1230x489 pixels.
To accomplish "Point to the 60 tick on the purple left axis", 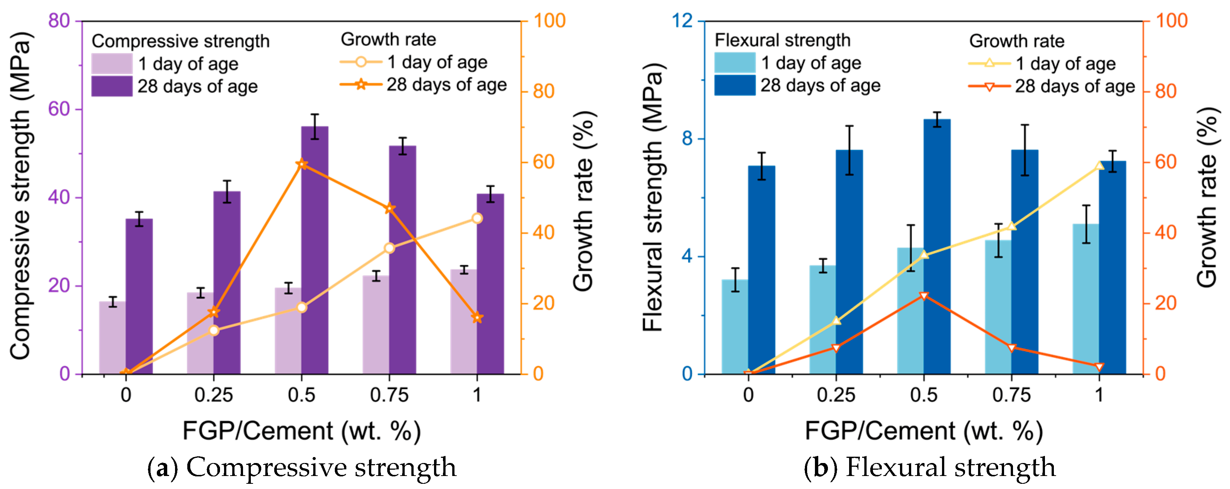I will [x=59, y=109].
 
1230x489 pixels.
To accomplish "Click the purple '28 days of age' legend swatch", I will [x=112, y=87].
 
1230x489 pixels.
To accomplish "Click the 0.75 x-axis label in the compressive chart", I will [x=389, y=395].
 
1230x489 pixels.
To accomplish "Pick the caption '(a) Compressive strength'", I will [x=302, y=467].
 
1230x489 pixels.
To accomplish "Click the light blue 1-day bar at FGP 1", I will [x=1086, y=300].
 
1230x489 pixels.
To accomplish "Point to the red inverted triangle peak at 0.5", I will [x=924, y=296].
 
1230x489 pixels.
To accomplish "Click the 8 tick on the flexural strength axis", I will [x=687, y=139].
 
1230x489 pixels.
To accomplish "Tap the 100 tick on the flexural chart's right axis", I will [x=1171, y=21].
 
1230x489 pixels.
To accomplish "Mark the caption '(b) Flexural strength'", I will [x=930, y=467].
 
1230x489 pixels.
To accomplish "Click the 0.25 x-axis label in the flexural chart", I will [x=836, y=395].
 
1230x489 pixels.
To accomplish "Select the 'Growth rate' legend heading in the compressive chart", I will [x=388, y=40].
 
